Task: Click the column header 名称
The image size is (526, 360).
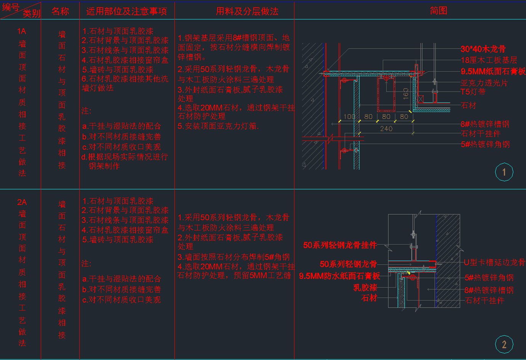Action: pos(60,11)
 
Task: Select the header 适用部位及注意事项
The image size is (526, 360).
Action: pos(126,11)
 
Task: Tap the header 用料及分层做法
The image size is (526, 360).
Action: pos(247,11)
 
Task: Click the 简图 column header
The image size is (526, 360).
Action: pos(438,11)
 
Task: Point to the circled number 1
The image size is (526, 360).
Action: pos(504,172)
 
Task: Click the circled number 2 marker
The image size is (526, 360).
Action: pos(504,345)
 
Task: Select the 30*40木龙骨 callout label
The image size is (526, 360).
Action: pos(483,49)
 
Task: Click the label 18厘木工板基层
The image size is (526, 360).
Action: pos(489,60)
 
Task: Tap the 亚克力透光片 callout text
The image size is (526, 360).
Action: pos(484,83)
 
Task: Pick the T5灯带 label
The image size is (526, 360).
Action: pos(473,92)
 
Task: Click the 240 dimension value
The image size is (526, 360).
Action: pos(386,129)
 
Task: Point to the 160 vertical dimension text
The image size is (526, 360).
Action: pos(406,93)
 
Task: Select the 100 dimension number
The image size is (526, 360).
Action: pos(349,117)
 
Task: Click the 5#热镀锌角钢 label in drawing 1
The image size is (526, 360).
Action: pos(485,144)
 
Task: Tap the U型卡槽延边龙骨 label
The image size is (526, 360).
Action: pos(494,262)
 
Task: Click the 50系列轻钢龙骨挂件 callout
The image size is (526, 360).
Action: pos(340,245)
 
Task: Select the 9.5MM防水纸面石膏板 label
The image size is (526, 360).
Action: pos(339,276)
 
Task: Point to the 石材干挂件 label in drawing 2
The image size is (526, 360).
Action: pos(484,301)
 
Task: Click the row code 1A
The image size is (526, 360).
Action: pos(22,31)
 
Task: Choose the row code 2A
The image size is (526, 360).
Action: pos(22,202)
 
